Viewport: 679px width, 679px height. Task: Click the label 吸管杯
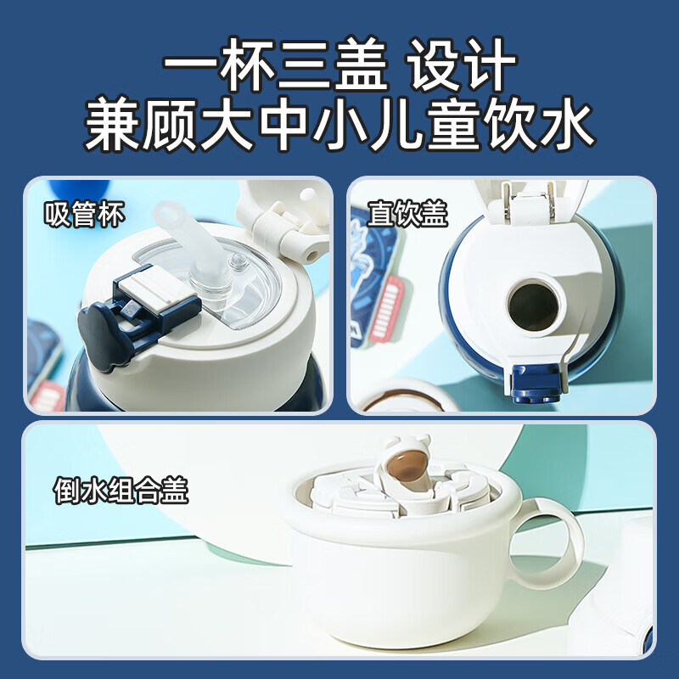point(84,214)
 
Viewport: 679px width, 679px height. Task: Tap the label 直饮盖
point(407,214)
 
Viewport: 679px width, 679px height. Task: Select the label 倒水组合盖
point(121,491)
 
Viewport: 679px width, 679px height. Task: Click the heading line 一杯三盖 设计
point(340,65)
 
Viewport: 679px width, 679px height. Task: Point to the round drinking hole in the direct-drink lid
point(534,306)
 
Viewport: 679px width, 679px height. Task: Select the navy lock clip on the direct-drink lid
point(536,384)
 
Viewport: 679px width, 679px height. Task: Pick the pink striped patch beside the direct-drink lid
point(387,308)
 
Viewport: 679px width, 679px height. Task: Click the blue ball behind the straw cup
point(79,189)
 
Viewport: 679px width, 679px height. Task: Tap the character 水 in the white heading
point(565,126)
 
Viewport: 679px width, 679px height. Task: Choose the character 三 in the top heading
point(305,65)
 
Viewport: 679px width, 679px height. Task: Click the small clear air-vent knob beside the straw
point(238,261)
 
